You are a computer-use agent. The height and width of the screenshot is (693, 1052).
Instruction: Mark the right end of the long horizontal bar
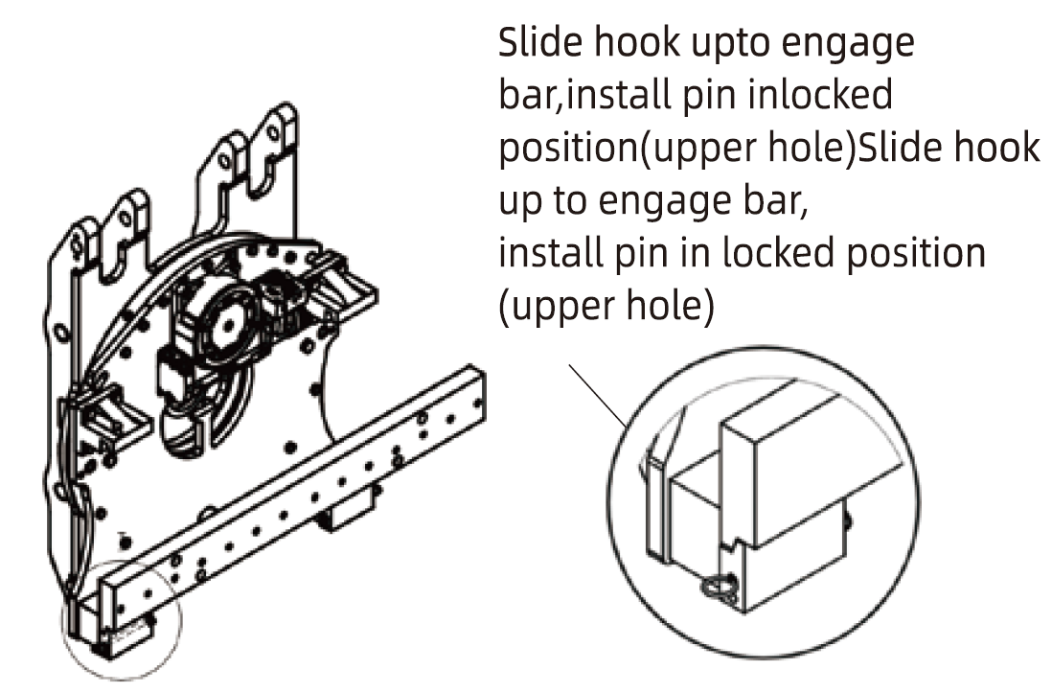(x=476, y=388)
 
